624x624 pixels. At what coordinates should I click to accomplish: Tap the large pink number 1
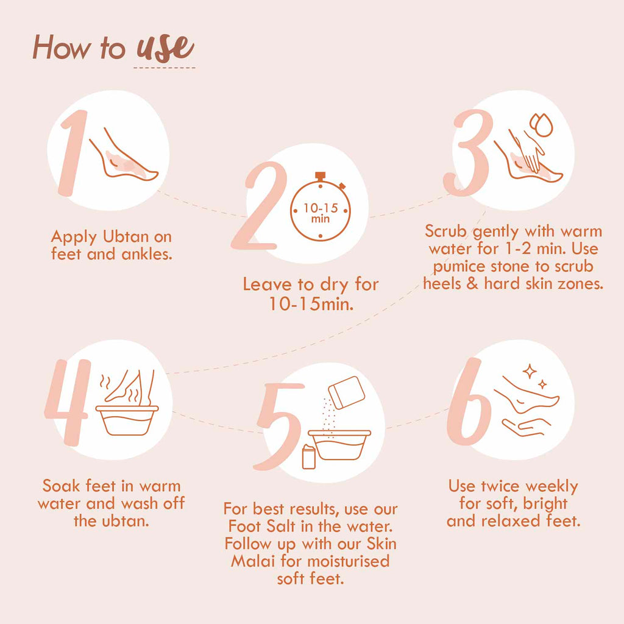[x=74, y=153]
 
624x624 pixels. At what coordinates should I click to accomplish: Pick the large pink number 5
[x=279, y=427]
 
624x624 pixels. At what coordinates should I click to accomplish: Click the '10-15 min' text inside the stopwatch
[x=321, y=213]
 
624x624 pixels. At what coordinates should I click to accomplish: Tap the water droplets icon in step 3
[x=541, y=124]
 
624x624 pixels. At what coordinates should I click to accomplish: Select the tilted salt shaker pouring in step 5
[x=346, y=392]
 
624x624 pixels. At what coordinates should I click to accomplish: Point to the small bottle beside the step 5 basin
[x=309, y=456]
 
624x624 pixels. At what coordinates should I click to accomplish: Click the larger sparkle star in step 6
[x=530, y=371]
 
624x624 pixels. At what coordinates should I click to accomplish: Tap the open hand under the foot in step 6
[x=526, y=427]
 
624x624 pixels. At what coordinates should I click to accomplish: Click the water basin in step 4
[x=127, y=420]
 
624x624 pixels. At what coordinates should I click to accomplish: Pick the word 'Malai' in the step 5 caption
[x=253, y=561]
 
